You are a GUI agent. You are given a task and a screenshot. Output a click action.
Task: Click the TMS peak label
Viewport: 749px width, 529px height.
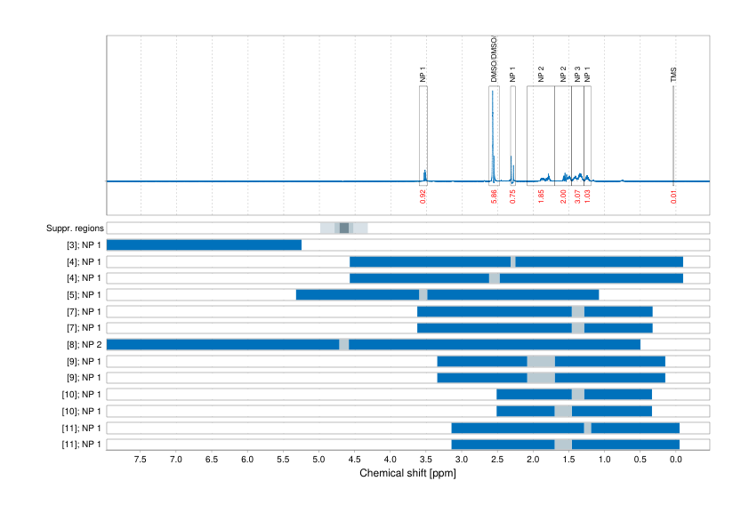tap(673, 76)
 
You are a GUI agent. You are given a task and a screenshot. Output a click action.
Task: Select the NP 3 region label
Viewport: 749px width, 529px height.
tap(577, 75)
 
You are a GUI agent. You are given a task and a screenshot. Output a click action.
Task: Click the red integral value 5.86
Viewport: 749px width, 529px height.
tap(494, 197)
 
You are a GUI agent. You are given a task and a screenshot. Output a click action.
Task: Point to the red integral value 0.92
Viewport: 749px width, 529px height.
tap(423, 197)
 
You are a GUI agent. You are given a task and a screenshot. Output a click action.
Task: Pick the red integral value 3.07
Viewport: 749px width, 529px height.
tap(577, 197)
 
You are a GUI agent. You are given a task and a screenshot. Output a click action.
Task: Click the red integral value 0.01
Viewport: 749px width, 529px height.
tap(673, 197)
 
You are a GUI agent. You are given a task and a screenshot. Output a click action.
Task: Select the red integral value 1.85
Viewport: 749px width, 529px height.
tap(541, 197)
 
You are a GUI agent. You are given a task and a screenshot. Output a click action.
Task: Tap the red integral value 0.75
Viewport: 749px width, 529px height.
tap(512, 197)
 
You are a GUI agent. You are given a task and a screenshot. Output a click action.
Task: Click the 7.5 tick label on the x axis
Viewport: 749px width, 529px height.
tap(141, 460)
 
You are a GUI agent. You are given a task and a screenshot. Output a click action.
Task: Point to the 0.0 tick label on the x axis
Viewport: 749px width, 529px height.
tap(675, 460)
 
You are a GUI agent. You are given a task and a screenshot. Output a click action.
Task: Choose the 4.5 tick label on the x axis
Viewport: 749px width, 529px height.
tap(354, 460)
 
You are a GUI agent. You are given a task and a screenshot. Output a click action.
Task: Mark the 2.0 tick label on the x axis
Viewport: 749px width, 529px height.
tap(533, 460)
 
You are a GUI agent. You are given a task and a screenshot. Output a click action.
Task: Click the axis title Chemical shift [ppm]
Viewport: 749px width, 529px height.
tap(407, 473)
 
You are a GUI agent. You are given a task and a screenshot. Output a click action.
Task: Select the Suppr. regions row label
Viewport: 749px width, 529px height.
tap(74, 228)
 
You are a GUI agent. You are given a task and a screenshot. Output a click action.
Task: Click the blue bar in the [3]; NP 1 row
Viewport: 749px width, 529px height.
tap(204, 245)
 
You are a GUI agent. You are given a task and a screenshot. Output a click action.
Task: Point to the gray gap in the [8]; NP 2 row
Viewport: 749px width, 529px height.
tap(344, 344)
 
